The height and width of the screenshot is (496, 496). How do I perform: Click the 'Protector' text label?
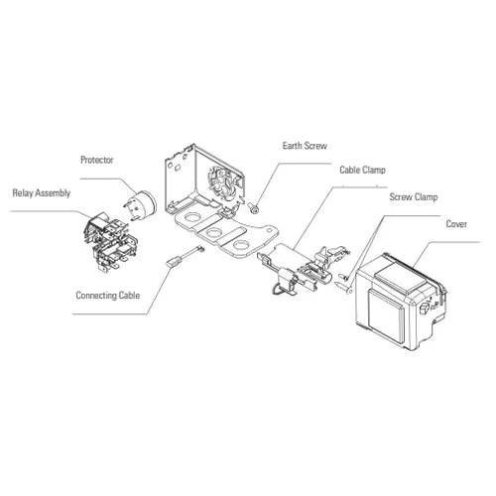98,159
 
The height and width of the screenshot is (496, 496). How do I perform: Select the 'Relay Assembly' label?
41,192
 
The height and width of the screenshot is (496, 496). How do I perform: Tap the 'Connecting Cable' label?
108,295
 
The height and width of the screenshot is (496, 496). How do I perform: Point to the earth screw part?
254,207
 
